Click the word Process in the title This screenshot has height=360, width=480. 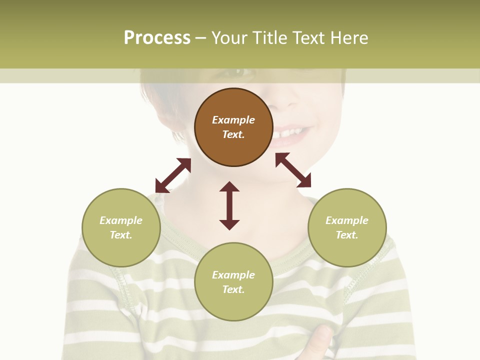coord(157,38)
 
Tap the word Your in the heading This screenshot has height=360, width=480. coord(229,38)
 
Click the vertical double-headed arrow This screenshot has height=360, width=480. coord(229,205)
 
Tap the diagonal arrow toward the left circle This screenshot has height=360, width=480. coord(173,175)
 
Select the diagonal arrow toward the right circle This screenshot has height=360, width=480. coord(293,170)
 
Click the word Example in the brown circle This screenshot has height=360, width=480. coord(233,120)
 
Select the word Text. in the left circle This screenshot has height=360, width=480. coord(121,235)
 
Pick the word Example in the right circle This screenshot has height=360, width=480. coord(347,220)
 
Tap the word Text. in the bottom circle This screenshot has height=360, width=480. coord(233,289)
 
